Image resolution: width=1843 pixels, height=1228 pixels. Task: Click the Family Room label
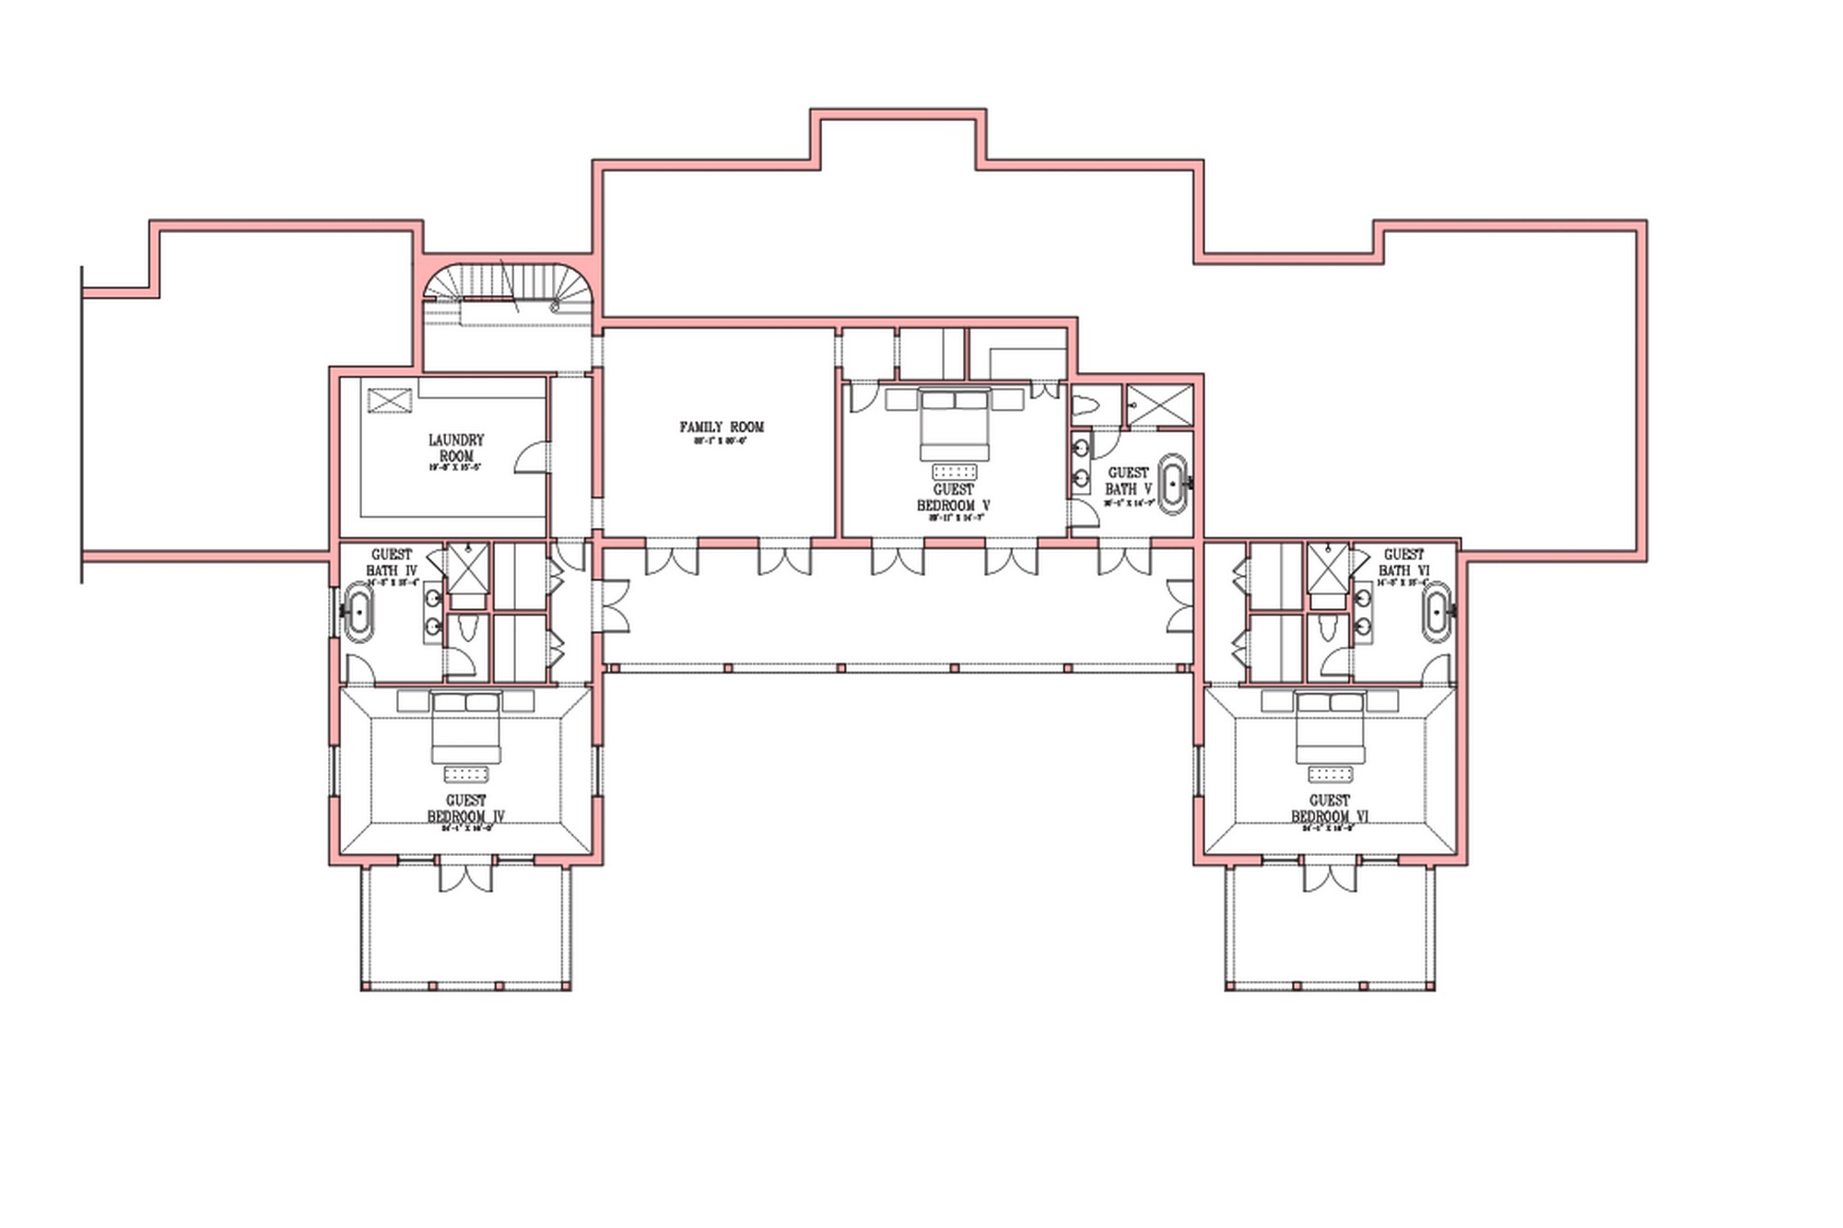(722, 427)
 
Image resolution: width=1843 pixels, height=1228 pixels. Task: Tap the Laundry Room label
(456, 448)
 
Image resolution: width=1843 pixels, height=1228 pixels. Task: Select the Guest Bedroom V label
(953, 497)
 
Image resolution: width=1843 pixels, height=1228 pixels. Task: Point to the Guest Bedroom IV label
(466, 808)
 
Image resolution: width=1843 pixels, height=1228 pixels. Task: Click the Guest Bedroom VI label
(1329, 808)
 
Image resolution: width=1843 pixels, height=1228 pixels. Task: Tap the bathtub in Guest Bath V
(1172, 483)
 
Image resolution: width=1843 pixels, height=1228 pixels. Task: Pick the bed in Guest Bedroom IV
(466, 726)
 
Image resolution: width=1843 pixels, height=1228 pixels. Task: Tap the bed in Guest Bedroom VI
(1330, 726)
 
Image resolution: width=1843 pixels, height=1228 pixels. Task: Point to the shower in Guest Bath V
(1160, 405)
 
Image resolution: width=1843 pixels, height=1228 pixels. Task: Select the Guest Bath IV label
(392, 563)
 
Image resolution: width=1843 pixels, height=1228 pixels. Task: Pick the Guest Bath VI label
(1403, 563)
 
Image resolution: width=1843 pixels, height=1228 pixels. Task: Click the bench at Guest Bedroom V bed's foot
(954, 472)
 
